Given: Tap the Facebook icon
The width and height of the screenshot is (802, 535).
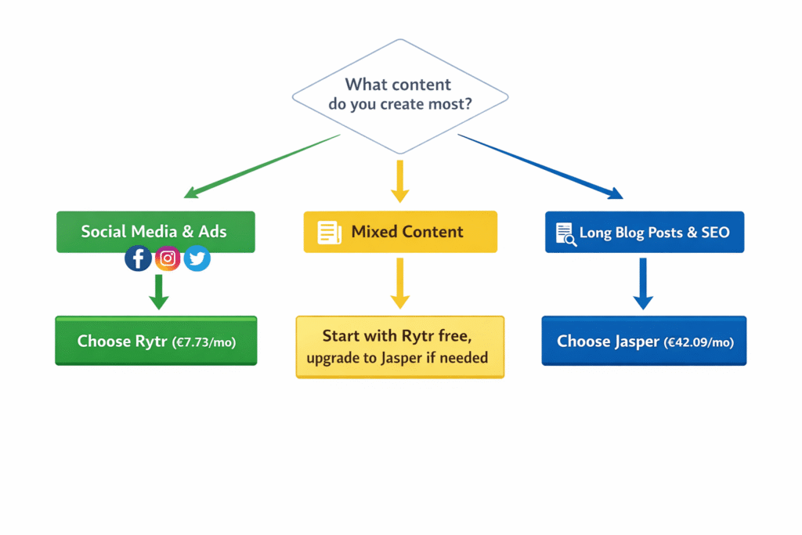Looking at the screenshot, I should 139,258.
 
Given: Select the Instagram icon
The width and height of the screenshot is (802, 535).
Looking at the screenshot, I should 168,258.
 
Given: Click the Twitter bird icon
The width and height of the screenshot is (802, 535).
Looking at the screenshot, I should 197,258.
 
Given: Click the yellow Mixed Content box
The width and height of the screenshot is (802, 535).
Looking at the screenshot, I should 400,232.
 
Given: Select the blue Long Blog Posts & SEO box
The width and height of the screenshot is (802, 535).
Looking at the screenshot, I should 644,232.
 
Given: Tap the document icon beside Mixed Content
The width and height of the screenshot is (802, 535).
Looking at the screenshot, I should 330,233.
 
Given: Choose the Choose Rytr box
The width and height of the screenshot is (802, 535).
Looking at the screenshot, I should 155,341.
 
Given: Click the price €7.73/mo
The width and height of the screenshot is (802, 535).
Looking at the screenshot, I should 204,342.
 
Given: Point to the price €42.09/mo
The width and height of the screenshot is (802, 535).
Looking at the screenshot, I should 699,342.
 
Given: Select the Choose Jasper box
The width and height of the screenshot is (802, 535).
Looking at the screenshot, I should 644,341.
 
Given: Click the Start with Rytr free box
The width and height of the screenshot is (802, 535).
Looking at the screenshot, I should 399,347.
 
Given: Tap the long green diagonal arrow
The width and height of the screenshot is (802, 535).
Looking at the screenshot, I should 262,165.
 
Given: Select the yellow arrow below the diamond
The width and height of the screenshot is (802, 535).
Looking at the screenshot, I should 399,182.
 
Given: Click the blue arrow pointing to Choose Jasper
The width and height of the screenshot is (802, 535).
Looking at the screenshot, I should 643,284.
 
